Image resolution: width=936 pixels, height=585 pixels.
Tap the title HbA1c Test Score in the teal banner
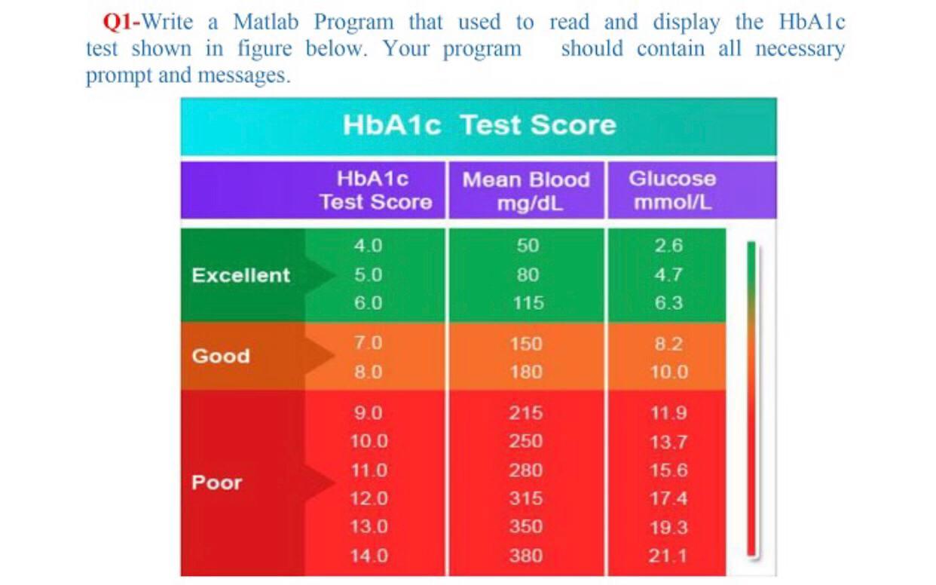pyautogui.click(x=479, y=124)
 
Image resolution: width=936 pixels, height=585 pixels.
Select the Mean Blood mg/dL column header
pyautogui.click(x=525, y=191)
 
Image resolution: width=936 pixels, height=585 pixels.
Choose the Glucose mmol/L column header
pyautogui.click(x=672, y=191)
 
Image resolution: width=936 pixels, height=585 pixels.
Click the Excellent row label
pyautogui.click(x=240, y=275)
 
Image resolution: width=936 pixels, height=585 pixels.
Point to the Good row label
pyautogui.click(x=220, y=356)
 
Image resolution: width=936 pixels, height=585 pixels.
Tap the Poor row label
pyautogui.click(x=216, y=482)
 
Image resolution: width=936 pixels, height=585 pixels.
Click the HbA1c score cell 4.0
pyautogui.click(x=368, y=246)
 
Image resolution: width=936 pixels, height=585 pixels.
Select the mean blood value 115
pyautogui.click(x=527, y=303)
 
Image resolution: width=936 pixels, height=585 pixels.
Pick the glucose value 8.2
pyautogui.click(x=668, y=345)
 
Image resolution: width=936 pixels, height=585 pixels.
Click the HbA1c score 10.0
pyautogui.click(x=369, y=441)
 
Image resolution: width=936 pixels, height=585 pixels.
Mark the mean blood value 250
pyautogui.click(x=525, y=441)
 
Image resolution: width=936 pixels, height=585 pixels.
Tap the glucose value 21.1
pyautogui.click(x=668, y=556)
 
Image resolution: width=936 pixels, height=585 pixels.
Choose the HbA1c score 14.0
pyautogui.click(x=369, y=556)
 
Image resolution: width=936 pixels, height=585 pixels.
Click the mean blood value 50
pyautogui.click(x=527, y=246)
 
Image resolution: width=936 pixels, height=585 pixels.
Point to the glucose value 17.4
pyautogui.click(x=668, y=499)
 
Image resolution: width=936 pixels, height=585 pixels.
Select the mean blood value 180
pyautogui.click(x=525, y=372)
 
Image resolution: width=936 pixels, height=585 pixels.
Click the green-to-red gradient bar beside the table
pyautogui.click(x=751, y=400)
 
